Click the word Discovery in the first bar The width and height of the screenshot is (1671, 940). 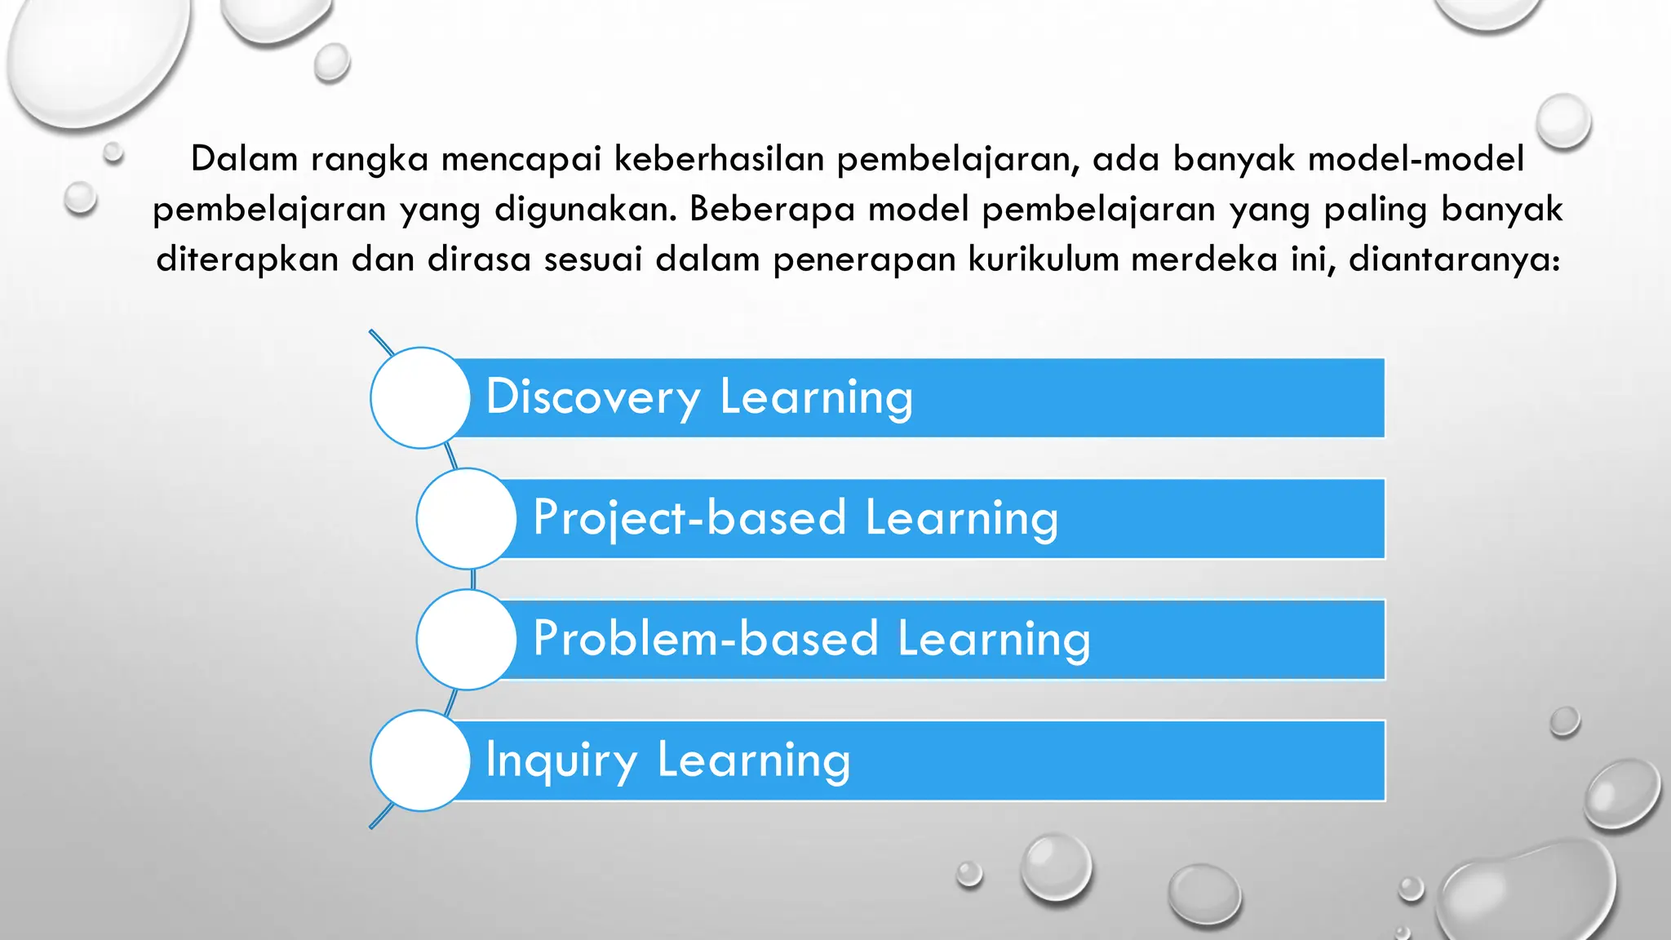[592, 398]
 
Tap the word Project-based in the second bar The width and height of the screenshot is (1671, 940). [689, 518]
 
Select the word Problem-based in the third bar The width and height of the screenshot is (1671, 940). [706, 639]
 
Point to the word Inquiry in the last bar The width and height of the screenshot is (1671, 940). [561, 760]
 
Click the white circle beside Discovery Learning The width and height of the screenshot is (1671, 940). [420, 397]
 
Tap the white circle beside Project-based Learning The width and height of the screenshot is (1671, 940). [466, 518]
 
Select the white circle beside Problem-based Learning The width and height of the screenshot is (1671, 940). [466, 639]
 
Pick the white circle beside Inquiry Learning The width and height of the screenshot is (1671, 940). [420, 760]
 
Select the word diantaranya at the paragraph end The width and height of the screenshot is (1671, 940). [1453, 259]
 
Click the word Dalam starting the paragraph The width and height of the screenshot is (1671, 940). [244, 158]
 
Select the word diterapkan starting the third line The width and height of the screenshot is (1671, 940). [247, 260]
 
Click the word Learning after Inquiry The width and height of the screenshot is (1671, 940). [753, 760]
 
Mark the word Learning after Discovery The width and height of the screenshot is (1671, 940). [816, 398]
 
